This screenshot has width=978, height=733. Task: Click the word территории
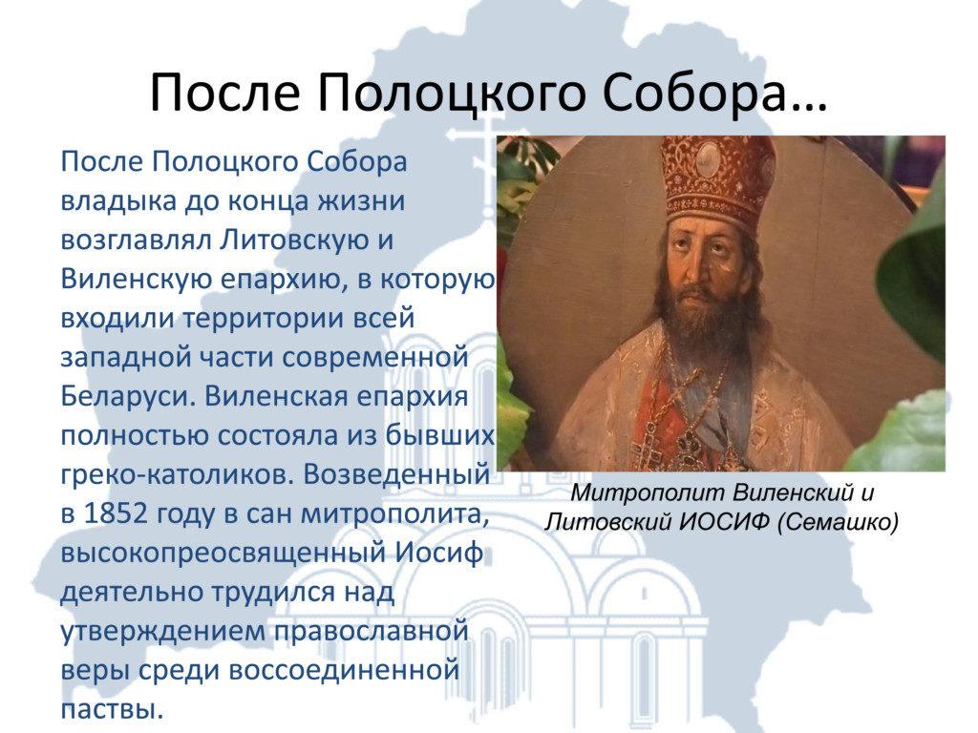264,319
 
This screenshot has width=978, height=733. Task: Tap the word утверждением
162,632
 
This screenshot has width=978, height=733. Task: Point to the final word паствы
113,710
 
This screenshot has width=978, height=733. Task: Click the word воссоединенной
344,671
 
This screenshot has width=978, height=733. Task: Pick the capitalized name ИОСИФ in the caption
724,522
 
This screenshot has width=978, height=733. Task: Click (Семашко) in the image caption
838,522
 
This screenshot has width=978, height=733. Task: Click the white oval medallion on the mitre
710,159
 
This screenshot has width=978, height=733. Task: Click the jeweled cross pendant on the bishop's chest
648,446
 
